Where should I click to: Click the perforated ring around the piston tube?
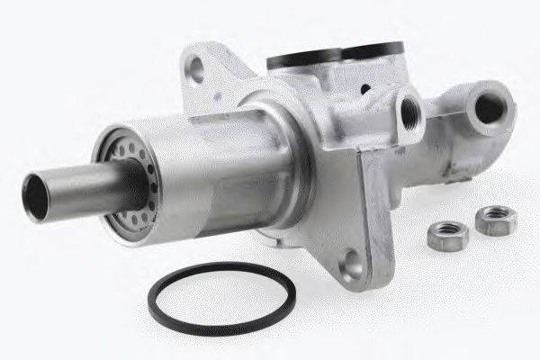(126, 180)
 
